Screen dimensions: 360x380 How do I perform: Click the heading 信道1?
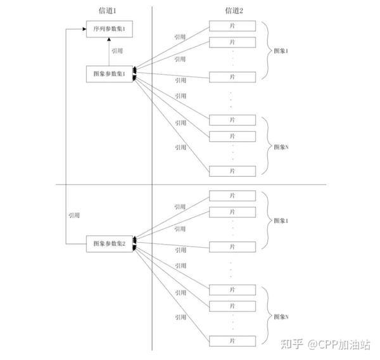(110, 10)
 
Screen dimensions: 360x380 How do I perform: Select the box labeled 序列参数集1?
(110, 29)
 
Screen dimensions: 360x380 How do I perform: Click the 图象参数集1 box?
(109, 74)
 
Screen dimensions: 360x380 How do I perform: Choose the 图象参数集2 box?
(109, 243)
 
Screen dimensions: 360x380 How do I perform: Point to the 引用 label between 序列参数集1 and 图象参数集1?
(117, 51)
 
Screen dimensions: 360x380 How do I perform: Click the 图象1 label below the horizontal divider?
(279, 221)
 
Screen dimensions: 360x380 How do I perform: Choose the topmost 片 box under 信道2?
(232, 27)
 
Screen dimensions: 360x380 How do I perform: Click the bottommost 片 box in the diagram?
(232, 340)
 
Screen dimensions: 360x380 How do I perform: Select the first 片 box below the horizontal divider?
(232, 195)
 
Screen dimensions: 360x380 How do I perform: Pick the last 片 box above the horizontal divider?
(232, 171)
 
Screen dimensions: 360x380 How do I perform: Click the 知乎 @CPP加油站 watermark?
(326, 344)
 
